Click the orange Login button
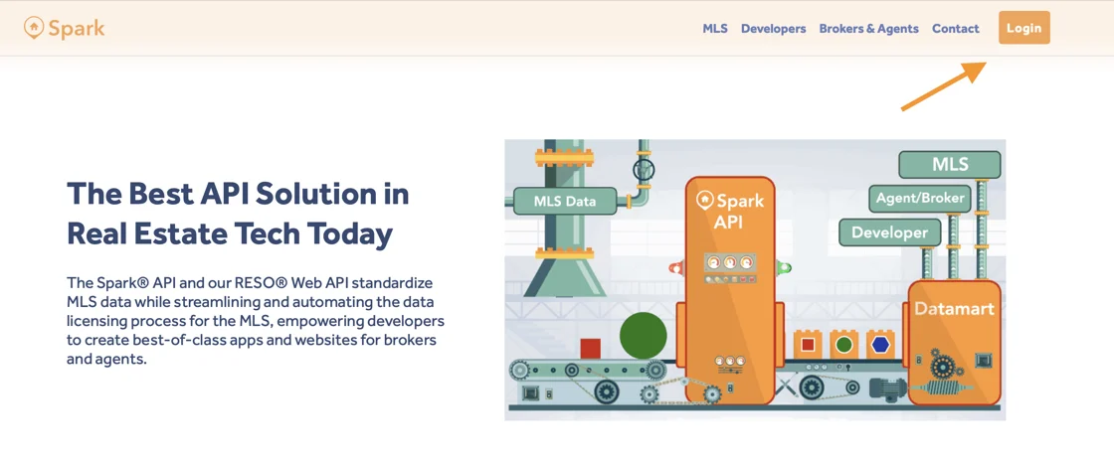pyautogui.click(x=1023, y=28)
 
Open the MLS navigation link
pyautogui.click(x=715, y=29)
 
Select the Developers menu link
pyautogui.click(x=773, y=29)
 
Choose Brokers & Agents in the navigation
pyautogui.click(x=869, y=29)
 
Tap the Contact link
pyautogui.click(x=956, y=29)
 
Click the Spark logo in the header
pyautogui.click(x=64, y=29)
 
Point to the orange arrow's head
pyautogui.click(x=985, y=64)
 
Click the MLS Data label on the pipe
pyautogui.click(x=565, y=201)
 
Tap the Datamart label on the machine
pyautogui.click(x=954, y=309)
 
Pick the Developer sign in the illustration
pyautogui.click(x=889, y=232)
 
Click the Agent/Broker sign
pyautogui.click(x=920, y=198)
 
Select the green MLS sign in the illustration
pyautogui.click(x=949, y=165)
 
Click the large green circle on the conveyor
pyautogui.click(x=643, y=335)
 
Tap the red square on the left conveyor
pyautogui.click(x=591, y=349)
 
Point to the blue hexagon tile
pyautogui.click(x=880, y=345)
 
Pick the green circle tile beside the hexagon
pyautogui.click(x=844, y=345)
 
